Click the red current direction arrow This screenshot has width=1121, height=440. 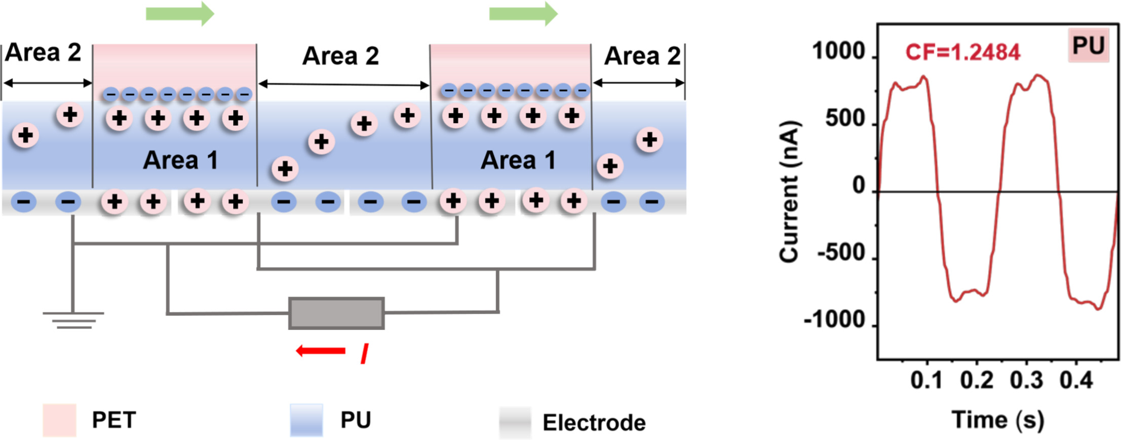coord(321,350)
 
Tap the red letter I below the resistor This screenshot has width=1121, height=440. coord(364,353)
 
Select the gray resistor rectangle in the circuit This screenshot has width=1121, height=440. coord(336,313)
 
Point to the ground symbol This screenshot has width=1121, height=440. coord(73,320)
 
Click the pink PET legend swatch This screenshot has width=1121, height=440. coord(59,420)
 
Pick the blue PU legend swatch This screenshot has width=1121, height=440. coord(306,420)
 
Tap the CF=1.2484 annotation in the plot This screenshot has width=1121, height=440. coord(962,52)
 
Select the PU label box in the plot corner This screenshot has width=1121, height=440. coord(1088,46)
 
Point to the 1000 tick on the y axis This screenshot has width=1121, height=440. coord(838,52)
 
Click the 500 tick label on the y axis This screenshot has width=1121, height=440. coord(845,119)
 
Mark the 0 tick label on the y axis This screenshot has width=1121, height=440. coord(859,186)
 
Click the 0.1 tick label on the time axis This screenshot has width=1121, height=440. coord(926,380)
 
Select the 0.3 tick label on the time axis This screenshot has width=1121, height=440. coord(1026,380)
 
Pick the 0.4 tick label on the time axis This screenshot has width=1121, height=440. coord(1076,380)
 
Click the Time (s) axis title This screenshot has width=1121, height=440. coord(998,420)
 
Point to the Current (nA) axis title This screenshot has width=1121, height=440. coord(789,192)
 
